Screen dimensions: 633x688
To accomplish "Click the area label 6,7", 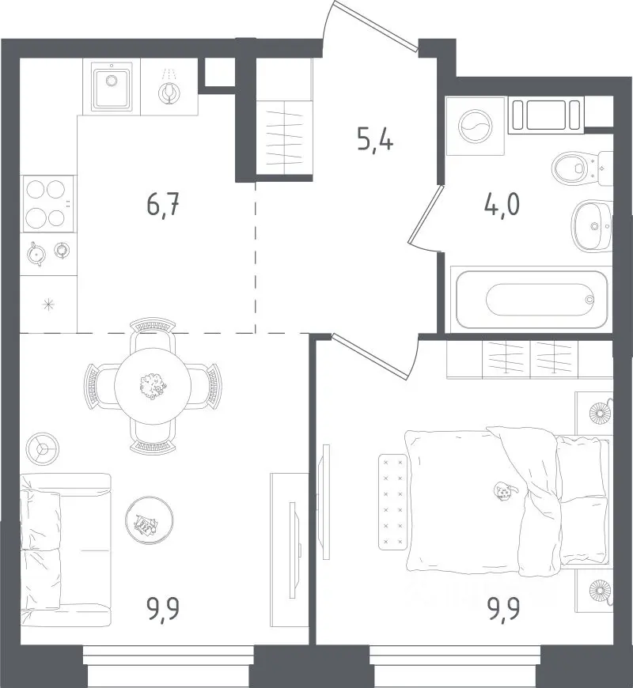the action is [x=163, y=205].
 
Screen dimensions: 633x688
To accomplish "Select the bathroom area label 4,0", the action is [x=502, y=205].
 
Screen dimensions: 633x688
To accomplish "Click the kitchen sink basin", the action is [x=111, y=86].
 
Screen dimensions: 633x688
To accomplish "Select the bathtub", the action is [x=532, y=299].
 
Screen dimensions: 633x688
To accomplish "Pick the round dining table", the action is [x=153, y=386].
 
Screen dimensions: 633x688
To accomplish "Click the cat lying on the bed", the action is [x=504, y=490].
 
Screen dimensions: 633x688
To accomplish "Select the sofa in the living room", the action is [x=66, y=550].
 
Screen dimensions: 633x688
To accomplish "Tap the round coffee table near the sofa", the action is [x=150, y=520].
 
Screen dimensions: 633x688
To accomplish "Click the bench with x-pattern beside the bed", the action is [x=393, y=502].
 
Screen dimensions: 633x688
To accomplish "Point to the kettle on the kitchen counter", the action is [x=36, y=254].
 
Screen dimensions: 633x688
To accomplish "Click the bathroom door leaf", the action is [x=426, y=214].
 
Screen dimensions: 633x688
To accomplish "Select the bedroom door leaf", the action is [x=370, y=355].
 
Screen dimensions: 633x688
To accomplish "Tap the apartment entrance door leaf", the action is [x=375, y=26].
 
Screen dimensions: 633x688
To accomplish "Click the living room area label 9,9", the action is [x=164, y=610].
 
